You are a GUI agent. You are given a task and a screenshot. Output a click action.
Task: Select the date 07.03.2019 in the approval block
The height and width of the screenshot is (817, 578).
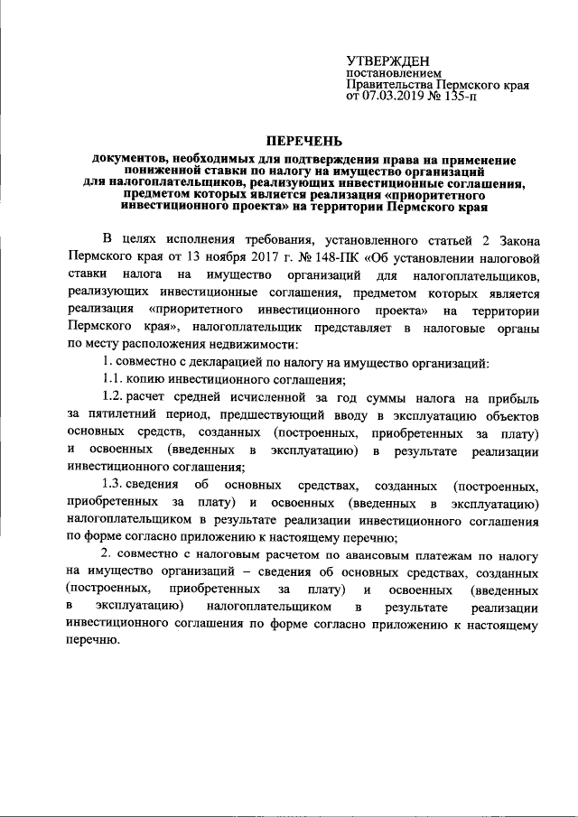[x=392, y=96]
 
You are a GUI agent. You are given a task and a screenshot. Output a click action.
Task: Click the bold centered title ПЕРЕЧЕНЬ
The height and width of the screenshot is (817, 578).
[x=303, y=141]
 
